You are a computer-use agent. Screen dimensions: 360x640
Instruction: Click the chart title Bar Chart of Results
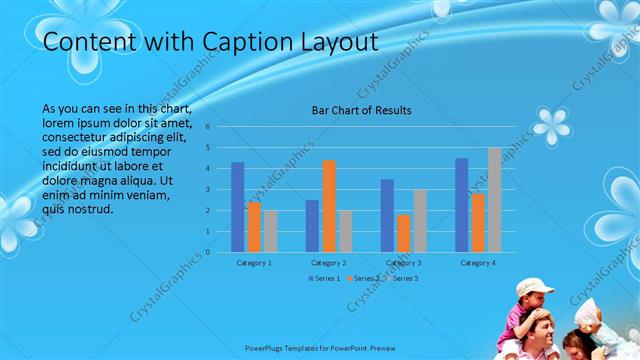(x=362, y=110)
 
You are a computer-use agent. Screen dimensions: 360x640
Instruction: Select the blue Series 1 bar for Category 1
(x=237, y=206)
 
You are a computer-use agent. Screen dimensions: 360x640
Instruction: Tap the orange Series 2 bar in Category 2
(x=329, y=205)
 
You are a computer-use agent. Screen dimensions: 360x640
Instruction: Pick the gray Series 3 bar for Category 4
(x=494, y=199)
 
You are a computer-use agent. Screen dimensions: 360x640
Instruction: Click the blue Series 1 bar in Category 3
(x=387, y=215)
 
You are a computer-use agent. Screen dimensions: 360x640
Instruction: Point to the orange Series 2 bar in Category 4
(x=478, y=222)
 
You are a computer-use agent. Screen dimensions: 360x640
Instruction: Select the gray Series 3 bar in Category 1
(x=271, y=230)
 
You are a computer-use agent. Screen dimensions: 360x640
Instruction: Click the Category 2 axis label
(x=329, y=262)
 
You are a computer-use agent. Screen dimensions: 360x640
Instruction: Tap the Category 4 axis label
(x=478, y=262)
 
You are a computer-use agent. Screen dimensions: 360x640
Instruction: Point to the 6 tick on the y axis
(x=207, y=127)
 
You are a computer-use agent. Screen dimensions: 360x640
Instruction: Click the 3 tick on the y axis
(x=207, y=189)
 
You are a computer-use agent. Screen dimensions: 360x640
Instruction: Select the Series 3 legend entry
(x=403, y=278)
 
